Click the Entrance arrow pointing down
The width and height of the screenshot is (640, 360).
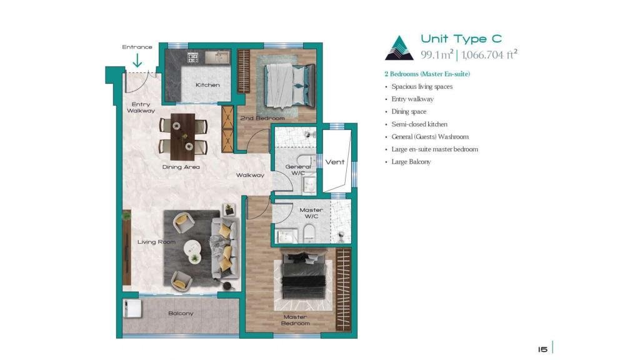tap(137, 61)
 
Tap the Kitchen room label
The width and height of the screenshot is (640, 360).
tap(207, 85)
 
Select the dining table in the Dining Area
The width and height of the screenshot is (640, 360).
tap(182, 136)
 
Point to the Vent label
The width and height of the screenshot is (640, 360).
tap(335, 162)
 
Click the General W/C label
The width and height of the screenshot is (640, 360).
tap(298, 170)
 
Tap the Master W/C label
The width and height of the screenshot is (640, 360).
tap(311, 213)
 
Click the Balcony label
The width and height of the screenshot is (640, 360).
tap(181, 314)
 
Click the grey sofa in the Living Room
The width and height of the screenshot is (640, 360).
tap(225, 248)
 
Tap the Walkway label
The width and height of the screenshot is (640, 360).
tap(250, 175)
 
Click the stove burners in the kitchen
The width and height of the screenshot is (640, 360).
tap(192, 57)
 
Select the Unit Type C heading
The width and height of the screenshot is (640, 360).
tap(461, 39)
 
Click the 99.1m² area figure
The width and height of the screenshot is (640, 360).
tap(437, 54)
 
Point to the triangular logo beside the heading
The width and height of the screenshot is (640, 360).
tap(399, 48)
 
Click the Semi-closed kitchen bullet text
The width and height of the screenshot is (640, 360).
tap(419, 124)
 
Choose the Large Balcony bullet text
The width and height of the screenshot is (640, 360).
tap(411, 162)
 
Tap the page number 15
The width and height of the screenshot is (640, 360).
tap(542, 349)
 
